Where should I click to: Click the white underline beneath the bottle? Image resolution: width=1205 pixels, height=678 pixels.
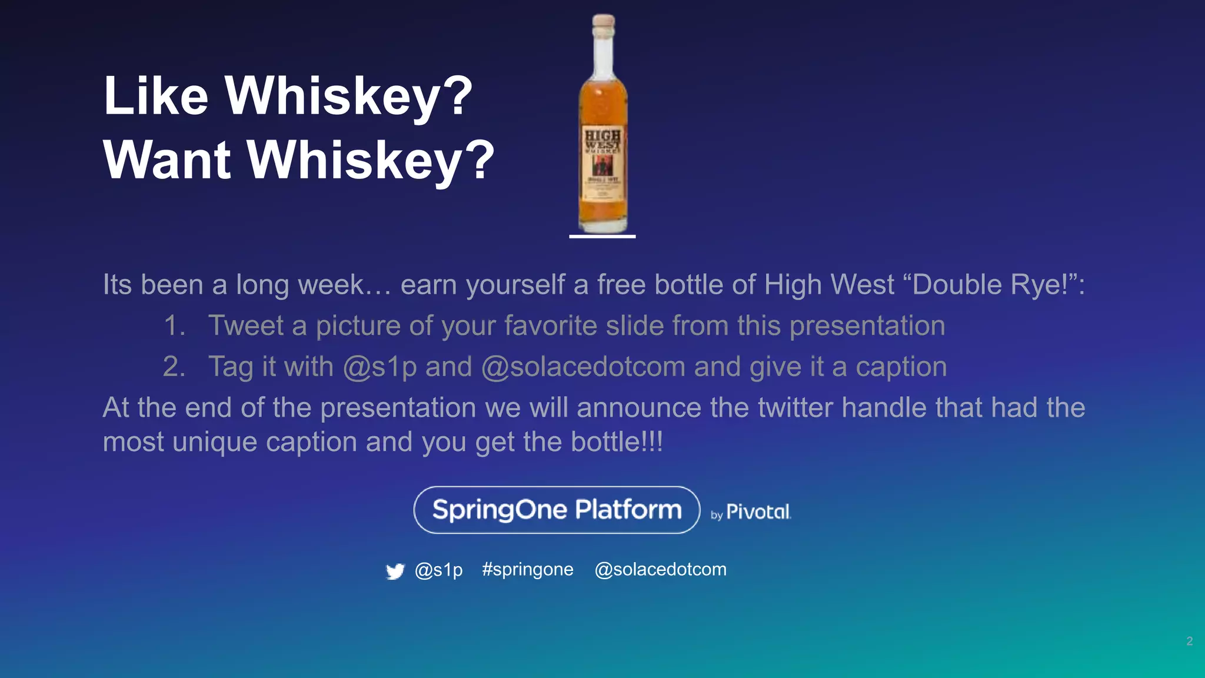coord(602,237)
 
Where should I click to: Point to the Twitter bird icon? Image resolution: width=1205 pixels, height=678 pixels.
coord(395,571)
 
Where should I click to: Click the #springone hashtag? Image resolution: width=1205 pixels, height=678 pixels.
coord(527,570)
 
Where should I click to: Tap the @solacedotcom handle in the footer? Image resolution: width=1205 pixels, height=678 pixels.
coord(660,570)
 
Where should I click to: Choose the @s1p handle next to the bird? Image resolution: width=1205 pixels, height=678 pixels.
coord(438,570)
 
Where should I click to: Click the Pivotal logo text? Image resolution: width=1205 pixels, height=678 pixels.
coord(758,511)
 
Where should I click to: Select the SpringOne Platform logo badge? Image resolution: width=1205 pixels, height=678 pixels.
coord(557,510)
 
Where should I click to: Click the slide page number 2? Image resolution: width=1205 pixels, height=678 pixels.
coord(1189,641)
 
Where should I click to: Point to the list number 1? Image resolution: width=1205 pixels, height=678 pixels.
coord(174,326)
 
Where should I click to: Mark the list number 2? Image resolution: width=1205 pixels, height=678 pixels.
coord(174,367)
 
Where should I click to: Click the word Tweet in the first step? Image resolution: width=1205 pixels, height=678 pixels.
coord(246,326)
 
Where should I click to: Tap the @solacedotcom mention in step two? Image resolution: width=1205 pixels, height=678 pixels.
coord(583,367)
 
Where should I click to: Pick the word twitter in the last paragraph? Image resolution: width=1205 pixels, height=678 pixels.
coord(795,407)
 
